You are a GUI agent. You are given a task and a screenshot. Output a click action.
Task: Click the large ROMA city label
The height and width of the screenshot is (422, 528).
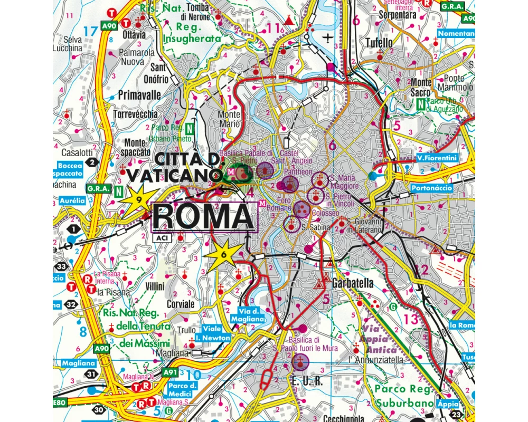203,216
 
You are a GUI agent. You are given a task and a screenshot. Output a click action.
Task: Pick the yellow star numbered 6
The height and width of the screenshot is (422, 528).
224,254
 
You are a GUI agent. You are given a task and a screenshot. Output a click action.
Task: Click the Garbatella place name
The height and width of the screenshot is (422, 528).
353,283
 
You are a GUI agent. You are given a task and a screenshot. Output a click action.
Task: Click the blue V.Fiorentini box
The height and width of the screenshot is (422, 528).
436,158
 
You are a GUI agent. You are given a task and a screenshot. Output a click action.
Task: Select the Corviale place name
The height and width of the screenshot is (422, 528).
180,304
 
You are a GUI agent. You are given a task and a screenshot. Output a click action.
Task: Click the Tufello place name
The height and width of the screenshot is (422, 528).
379,42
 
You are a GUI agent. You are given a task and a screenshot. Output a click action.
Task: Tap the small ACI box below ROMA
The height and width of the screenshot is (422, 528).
161,238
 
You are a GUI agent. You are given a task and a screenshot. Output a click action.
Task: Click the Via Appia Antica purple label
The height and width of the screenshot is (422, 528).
379,339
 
